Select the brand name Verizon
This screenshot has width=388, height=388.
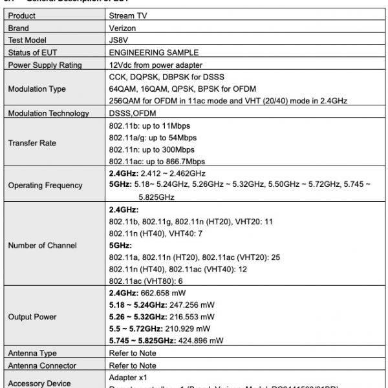(x=124, y=28)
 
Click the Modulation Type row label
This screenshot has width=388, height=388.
(x=37, y=89)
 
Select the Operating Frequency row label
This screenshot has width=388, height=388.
(x=45, y=186)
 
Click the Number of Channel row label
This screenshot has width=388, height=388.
(x=43, y=245)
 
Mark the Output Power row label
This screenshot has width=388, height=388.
(x=32, y=317)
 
